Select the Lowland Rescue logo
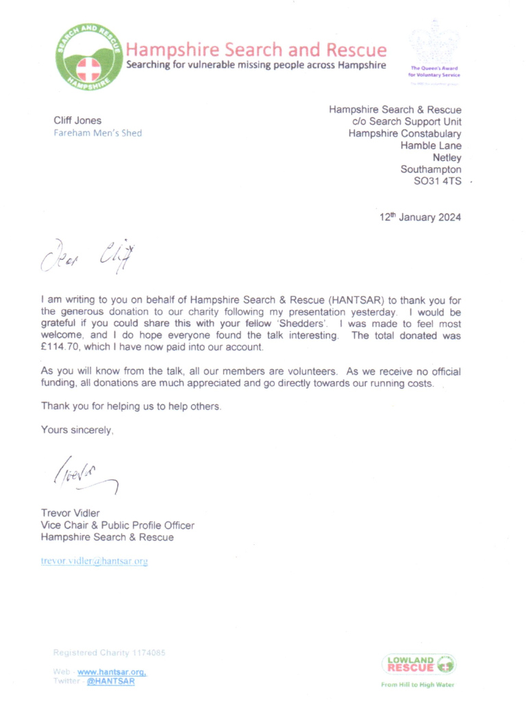click(418, 664)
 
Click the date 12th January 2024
click(421, 217)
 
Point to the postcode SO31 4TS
click(437, 182)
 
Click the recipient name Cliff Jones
click(77, 121)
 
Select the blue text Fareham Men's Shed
click(98, 133)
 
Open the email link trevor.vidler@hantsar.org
click(95, 561)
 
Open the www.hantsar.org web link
click(112, 673)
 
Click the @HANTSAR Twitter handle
click(112, 681)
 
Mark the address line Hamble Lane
click(431, 145)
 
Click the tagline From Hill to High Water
click(418, 684)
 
